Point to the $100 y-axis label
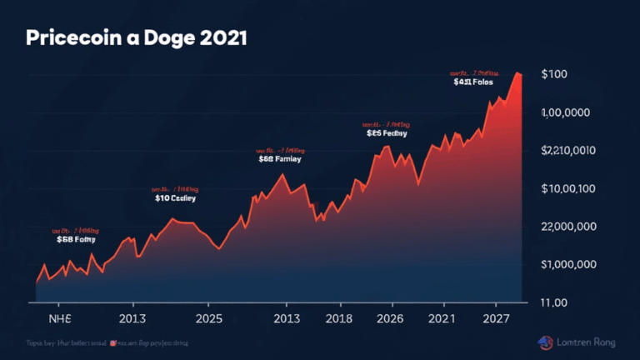pos(554,75)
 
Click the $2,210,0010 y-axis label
pos(569,151)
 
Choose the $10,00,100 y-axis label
pos(569,188)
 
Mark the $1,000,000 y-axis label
pos(569,264)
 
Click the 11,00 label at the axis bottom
pos(555,302)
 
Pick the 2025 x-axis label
pos(208,318)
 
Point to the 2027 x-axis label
pos(495,318)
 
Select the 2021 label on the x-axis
pos(442,318)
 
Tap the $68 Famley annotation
pos(280,157)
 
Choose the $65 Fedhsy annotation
pos(386,132)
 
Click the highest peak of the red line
pos(517,73)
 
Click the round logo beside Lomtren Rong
pos(545,342)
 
